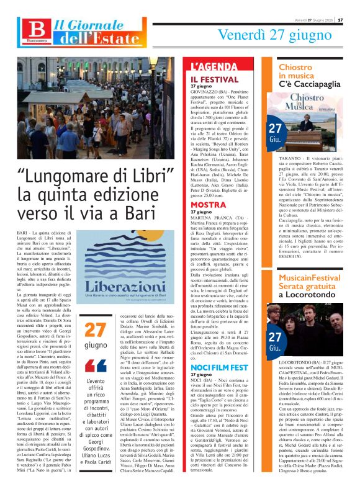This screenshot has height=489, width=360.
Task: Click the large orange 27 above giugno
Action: [96, 330]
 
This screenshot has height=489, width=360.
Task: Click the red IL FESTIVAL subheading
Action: [210, 79]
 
